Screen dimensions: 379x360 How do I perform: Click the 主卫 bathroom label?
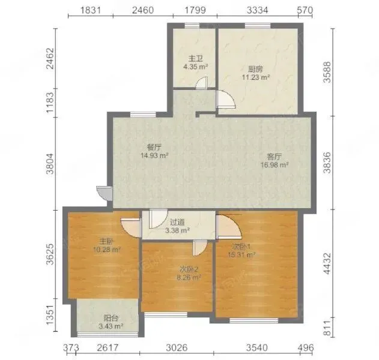click(x=195, y=58)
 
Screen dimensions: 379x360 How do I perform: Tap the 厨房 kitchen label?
click(x=255, y=69)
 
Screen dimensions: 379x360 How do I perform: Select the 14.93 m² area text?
click(x=154, y=155)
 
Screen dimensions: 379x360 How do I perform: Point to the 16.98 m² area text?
click(x=274, y=165)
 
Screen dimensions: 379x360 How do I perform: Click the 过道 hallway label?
click(x=177, y=222)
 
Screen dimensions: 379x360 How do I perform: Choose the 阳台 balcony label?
click(x=111, y=318)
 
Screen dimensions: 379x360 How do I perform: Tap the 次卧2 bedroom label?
click(x=189, y=269)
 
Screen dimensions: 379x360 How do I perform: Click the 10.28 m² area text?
click(x=107, y=250)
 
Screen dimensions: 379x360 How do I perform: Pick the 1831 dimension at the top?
click(x=91, y=10)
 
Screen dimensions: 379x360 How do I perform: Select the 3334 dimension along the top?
click(x=258, y=10)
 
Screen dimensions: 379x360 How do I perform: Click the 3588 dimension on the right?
click(x=327, y=72)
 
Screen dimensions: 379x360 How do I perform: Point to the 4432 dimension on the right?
click(x=327, y=263)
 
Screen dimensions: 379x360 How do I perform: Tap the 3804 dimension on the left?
click(x=50, y=164)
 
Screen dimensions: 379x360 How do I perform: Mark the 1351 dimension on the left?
click(x=50, y=316)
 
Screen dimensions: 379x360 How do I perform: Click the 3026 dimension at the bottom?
click(x=177, y=347)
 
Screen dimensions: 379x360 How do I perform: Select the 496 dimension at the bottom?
click(x=306, y=347)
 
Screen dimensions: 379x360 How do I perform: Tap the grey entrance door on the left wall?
click(x=105, y=193)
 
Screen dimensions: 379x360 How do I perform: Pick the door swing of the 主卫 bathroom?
click(x=202, y=83)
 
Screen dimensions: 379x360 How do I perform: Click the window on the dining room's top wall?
click(x=143, y=115)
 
